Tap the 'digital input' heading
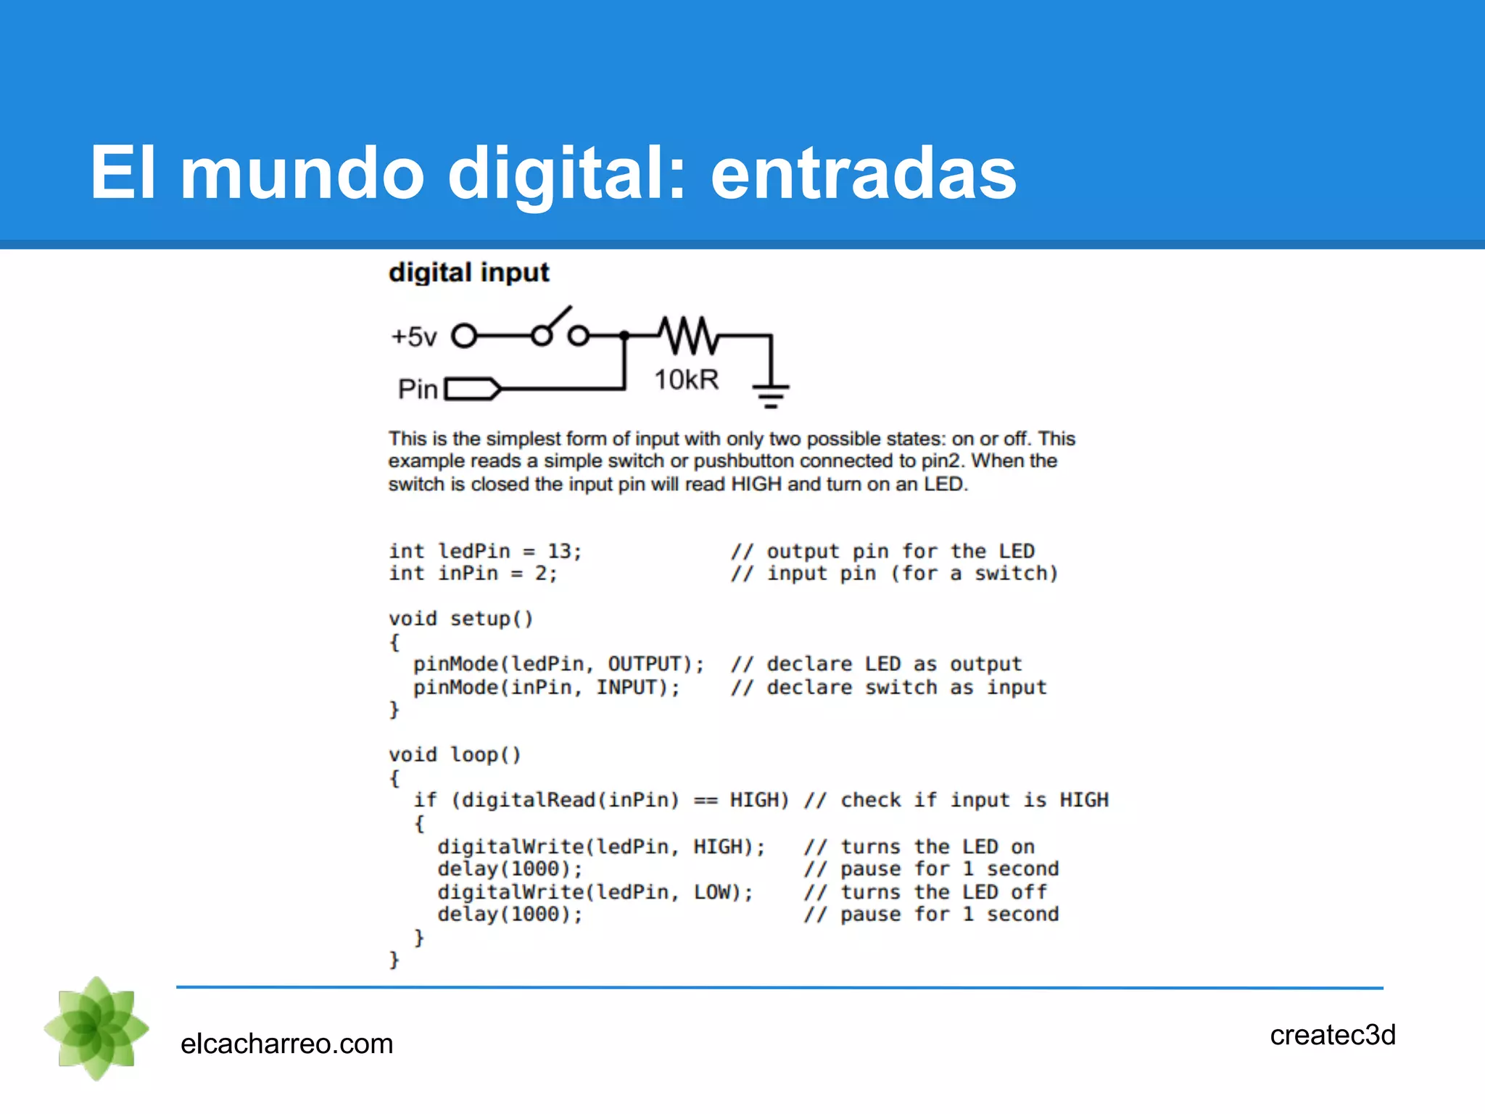coord(468,273)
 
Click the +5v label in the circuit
coord(414,337)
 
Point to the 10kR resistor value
coord(686,379)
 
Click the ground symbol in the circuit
coord(771,395)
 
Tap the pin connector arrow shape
coord(472,389)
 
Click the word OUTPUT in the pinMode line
coord(645,664)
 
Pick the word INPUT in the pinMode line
coord(626,688)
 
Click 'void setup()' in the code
coord(461,619)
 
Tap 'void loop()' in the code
coord(455,755)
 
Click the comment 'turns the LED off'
coord(943,892)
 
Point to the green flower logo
coord(96,1028)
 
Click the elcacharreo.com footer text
coord(286,1044)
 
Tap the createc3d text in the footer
coord(1333,1035)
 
